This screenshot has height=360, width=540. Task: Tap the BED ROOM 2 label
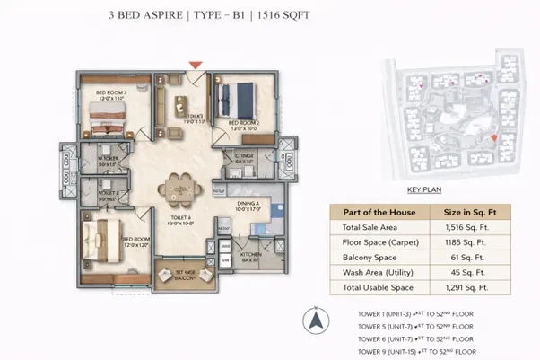click(244, 122)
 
